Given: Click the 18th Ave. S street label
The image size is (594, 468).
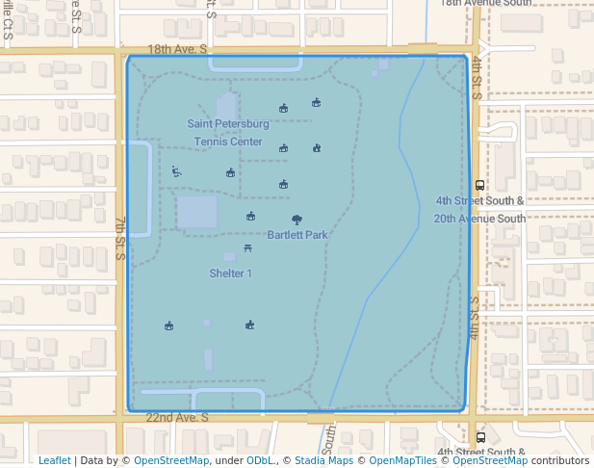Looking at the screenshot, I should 178,49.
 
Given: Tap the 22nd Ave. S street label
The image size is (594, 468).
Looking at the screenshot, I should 177,418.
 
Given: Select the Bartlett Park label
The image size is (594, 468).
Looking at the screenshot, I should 298,235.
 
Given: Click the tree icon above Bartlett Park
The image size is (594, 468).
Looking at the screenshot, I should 296,220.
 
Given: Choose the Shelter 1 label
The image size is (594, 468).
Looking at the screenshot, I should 231,273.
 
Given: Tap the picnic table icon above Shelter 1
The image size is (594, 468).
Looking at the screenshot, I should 248,249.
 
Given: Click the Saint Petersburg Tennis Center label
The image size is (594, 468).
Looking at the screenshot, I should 228,133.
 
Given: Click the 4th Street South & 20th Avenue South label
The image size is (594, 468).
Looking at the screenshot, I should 479,210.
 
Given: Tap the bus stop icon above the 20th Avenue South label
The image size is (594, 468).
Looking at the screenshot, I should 480,185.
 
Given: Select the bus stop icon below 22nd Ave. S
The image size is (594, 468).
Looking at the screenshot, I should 480,437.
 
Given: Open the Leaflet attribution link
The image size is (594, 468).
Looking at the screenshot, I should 54,461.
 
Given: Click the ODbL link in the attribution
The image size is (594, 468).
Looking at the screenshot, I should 259,461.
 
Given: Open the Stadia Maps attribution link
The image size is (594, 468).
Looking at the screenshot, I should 323,461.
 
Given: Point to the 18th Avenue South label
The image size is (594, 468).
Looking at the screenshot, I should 486,4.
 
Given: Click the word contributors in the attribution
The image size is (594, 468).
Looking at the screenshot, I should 559,461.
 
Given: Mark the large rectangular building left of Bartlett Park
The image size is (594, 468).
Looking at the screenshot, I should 197,213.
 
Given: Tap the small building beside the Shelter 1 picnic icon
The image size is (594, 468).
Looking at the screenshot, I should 229,257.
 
